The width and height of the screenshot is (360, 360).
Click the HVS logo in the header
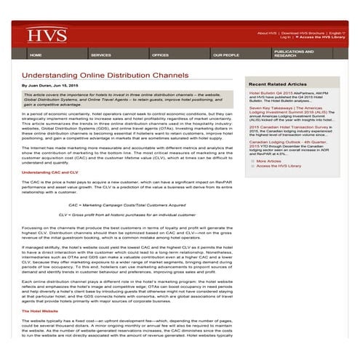36,34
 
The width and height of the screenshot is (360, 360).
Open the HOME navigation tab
36,55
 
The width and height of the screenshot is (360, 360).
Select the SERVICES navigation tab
100,55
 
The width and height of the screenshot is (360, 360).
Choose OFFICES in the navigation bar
160,55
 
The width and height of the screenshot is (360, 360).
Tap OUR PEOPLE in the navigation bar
225,55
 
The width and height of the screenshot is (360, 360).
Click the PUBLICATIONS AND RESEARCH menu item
294,53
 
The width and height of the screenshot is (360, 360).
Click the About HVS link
267,33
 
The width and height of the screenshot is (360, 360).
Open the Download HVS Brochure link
303,33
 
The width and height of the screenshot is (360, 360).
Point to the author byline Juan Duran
55,85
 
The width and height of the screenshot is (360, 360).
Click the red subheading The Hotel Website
43,311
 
